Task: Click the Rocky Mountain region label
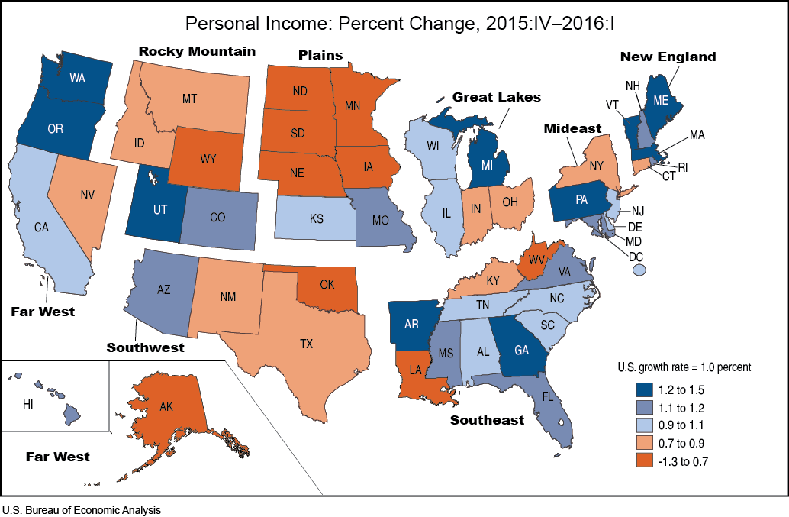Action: click(197, 51)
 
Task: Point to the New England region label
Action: click(668, 57)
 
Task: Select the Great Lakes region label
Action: click(496, 97)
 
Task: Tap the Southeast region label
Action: click(487, 420)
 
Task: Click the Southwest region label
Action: click(145, 347)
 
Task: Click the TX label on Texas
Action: click(306, 344)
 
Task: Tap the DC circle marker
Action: click(639, 270)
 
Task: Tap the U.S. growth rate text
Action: click(684, 367)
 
